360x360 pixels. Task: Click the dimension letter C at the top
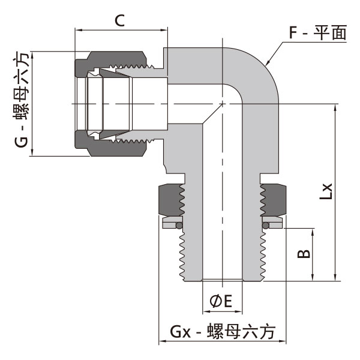[119, 20]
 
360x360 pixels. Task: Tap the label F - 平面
[317, 32]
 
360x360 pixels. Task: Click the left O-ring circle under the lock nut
[178, 224]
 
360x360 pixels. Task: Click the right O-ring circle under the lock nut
[265, 224]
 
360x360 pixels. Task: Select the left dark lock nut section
[169, 200]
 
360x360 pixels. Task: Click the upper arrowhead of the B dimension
[313, 232]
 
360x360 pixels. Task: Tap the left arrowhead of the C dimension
[78, 29]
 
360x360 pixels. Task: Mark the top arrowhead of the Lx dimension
[334, 107]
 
